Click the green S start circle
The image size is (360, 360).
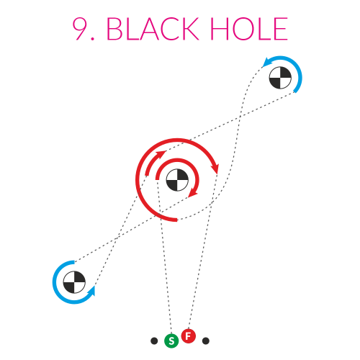[171, 341]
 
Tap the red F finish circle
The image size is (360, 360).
[189, 336]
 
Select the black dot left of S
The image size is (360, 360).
[154, 341]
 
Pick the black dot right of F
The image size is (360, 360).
[206, 341]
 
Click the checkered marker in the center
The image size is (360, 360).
[177, 180]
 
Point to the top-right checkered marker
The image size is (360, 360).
[280, 78]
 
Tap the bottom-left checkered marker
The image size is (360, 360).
[74, 282]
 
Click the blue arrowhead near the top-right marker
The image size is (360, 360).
[267, 63]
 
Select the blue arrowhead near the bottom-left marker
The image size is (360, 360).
[91, 291]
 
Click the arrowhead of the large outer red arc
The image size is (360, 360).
[215, 168]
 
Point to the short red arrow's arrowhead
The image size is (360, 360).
[161, 153]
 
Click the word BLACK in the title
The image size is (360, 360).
[153, 29]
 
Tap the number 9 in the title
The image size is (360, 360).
[80, 29]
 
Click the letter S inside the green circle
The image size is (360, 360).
[171, 341]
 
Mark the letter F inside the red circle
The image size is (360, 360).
[189, 336]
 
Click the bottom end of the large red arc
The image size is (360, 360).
[177, 220]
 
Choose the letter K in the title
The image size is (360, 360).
[190, 29]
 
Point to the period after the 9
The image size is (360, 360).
[93, 38]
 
